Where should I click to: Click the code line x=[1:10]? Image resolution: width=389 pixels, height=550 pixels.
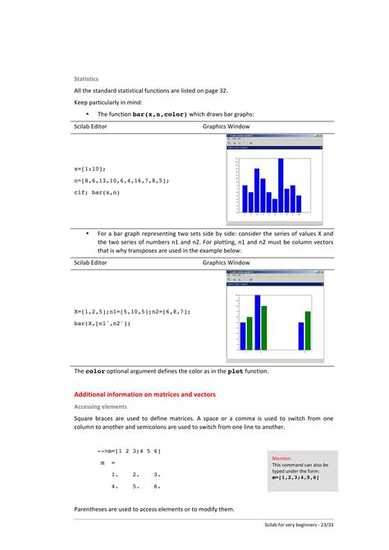pyautogui.click(x=89, y=168)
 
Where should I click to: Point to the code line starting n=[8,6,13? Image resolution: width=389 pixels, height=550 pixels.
pyautogui.click(x=121, y=180)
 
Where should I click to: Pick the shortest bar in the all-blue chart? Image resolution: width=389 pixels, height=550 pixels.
pyautogui.click(x=273, y=202)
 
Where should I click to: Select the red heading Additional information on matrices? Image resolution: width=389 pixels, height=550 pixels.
pyautogui.click(x=144, y=394)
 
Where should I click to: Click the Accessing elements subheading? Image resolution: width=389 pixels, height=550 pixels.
pyautogui.click(x=103, y=406)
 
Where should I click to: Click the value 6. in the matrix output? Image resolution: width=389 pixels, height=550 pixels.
pyautogui.click(x=156, y=487)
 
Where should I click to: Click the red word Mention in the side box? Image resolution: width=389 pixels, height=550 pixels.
pyautogui.click(x=281, y=458)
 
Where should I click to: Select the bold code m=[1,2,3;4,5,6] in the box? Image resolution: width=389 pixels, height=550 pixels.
pyautogui.click(x=295, y=477)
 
